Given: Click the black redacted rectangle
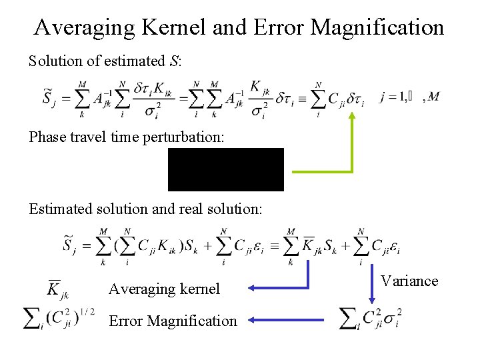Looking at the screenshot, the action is pyautogui.click(x=225, y=169).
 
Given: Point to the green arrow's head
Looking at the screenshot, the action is pyautogui.click(x=352, y=115).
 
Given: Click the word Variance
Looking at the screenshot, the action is pyautogui.click(x=409, y=281).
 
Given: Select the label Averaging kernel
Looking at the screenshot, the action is pyautogui.click(x=164, y=289).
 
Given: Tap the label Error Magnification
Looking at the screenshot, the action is pyautogui.click(x=173, y=321).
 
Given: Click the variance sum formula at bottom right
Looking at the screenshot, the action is pyautogui.click(x=370, y=318).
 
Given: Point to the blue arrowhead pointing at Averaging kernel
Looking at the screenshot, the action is pyautogui.click(x=251, y=289).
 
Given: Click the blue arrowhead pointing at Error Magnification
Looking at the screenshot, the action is pyautogui.click(x=251, y=321).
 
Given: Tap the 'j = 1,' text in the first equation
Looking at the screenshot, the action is pyautogui.click(x=393, y=97).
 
